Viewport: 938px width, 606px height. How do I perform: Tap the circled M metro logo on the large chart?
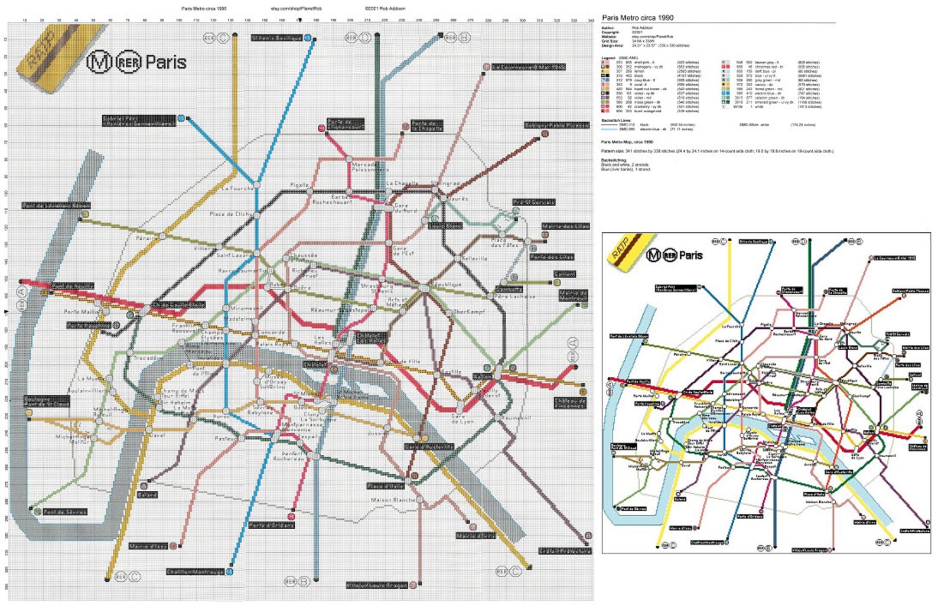pos(99,61)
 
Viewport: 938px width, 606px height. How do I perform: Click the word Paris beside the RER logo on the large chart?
pos(165,61)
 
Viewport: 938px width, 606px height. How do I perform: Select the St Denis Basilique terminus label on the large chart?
pos(276,38)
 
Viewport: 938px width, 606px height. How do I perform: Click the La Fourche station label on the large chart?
pos(238,188)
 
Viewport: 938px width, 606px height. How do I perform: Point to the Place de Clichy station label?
pos(230,214)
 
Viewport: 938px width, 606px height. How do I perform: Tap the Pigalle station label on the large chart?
pos(299,185)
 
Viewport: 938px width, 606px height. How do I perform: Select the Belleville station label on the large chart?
pos(474,258)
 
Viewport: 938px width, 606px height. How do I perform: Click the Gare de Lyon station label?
pos(462,419)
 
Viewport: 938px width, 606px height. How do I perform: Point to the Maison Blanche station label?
pos(393,500)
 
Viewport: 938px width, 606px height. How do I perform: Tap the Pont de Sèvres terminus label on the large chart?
pos(65,512)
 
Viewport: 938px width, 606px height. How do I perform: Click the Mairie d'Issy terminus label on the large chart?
pos(148,546)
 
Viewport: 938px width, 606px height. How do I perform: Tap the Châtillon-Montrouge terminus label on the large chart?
pos(195,572)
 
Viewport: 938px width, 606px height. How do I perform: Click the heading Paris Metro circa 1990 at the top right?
pos(637,18)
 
